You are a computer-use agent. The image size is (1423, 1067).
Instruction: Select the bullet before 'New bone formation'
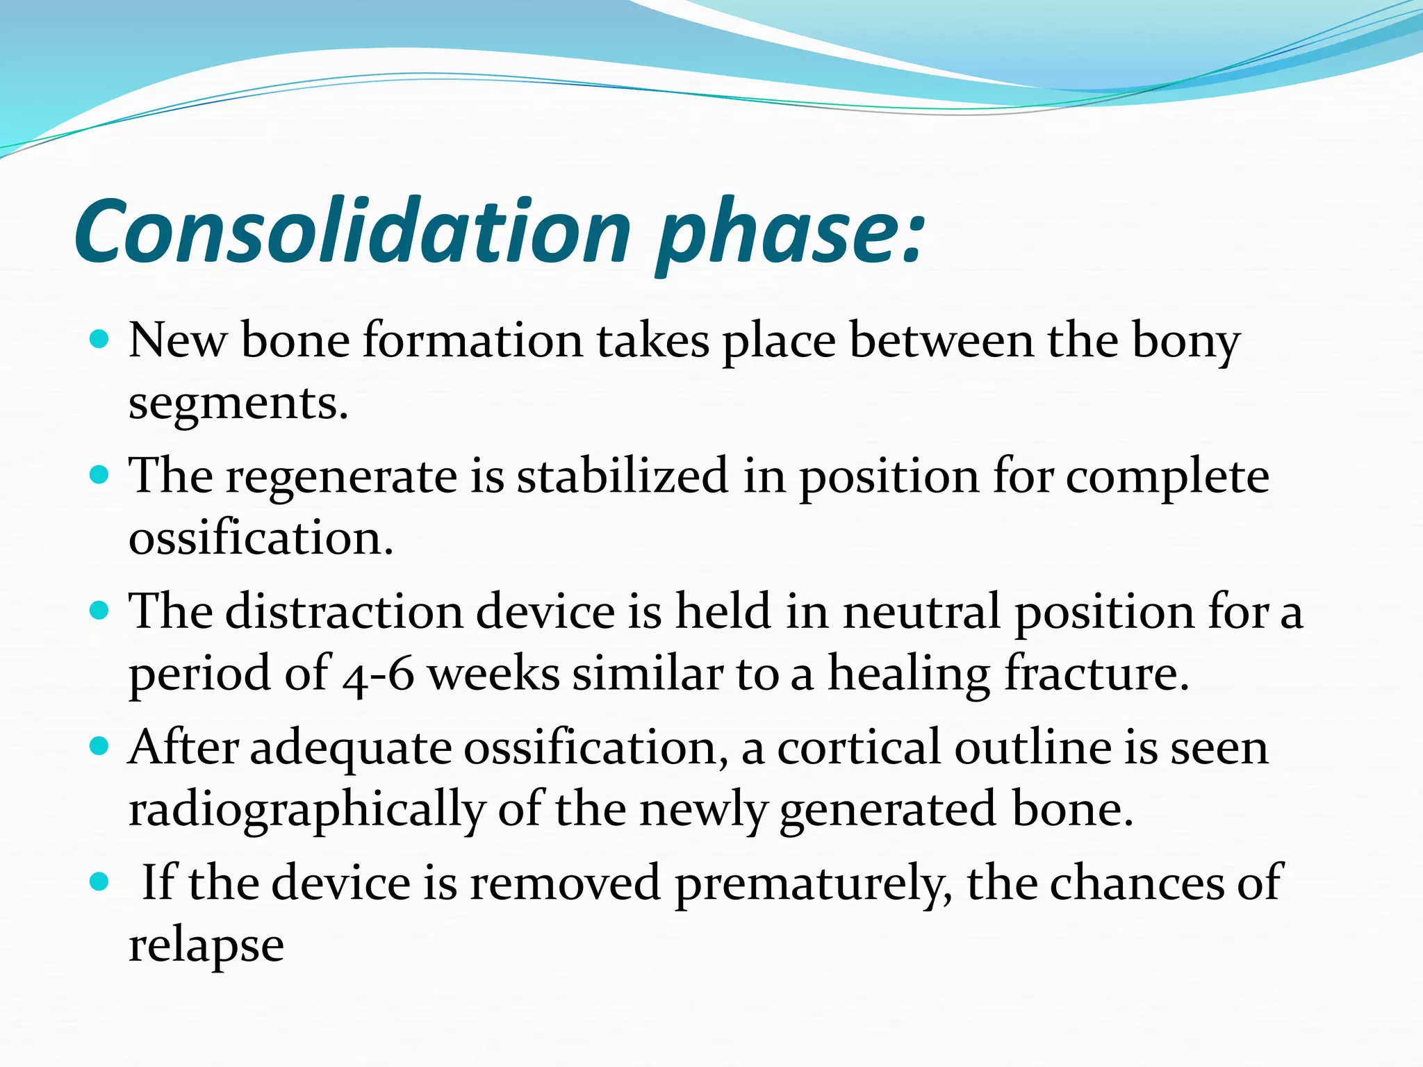point(100,340)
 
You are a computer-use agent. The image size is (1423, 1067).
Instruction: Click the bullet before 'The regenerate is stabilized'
point(100,475)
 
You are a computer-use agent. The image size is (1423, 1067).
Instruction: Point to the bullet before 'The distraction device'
point(100,611)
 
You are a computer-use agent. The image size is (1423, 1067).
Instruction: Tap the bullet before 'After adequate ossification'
point(100,747)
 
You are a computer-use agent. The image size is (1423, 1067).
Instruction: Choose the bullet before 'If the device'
point(100,882)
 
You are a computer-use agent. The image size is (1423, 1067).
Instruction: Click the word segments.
point(238,404)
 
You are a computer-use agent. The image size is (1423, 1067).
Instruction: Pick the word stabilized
point(622,477)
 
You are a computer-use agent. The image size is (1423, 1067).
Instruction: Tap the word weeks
point(493,675)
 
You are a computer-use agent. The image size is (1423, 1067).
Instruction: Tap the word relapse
point(206,946)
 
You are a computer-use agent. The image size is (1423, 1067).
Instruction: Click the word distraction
point(344,612)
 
